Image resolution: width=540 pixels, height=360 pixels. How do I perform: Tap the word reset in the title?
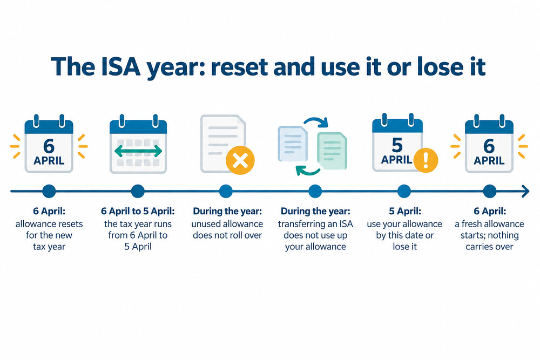click(x=239, y=66)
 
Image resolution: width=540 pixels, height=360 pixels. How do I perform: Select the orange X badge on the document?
click(x=240, y=160)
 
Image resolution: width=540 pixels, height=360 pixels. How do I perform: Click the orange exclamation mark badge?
click(x=426, y=160)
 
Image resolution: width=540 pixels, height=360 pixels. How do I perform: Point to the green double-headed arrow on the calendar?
click(x=138, y=151)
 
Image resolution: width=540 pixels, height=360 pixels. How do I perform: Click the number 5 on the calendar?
click(x=397, y=145)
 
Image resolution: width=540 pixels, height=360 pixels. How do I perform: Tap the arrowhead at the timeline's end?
click(x=525, y=191)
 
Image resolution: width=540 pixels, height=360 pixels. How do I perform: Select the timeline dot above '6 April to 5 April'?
click(x=138, y=191)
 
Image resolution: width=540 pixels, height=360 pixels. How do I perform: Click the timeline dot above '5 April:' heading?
click(x=404, y=191)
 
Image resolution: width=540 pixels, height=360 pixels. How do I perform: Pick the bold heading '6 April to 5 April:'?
click(x=138, y=211)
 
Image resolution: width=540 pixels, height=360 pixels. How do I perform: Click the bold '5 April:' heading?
click(x=405, y=211)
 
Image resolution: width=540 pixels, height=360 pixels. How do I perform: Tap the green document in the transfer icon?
click(x=332, y=151)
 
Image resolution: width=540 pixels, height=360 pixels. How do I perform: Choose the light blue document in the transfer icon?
click(x=293, y=144)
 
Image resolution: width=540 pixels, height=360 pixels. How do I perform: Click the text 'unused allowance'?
click(x=227, y=224)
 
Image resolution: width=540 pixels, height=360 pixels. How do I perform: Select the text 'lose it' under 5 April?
click(x=405, y=247)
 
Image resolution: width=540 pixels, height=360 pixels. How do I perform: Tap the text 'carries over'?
click(x=489, y=247)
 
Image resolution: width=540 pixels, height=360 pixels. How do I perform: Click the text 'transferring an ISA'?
click(x=315, y=224)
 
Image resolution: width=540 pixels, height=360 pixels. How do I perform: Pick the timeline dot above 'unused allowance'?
click(x=226, y=191)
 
